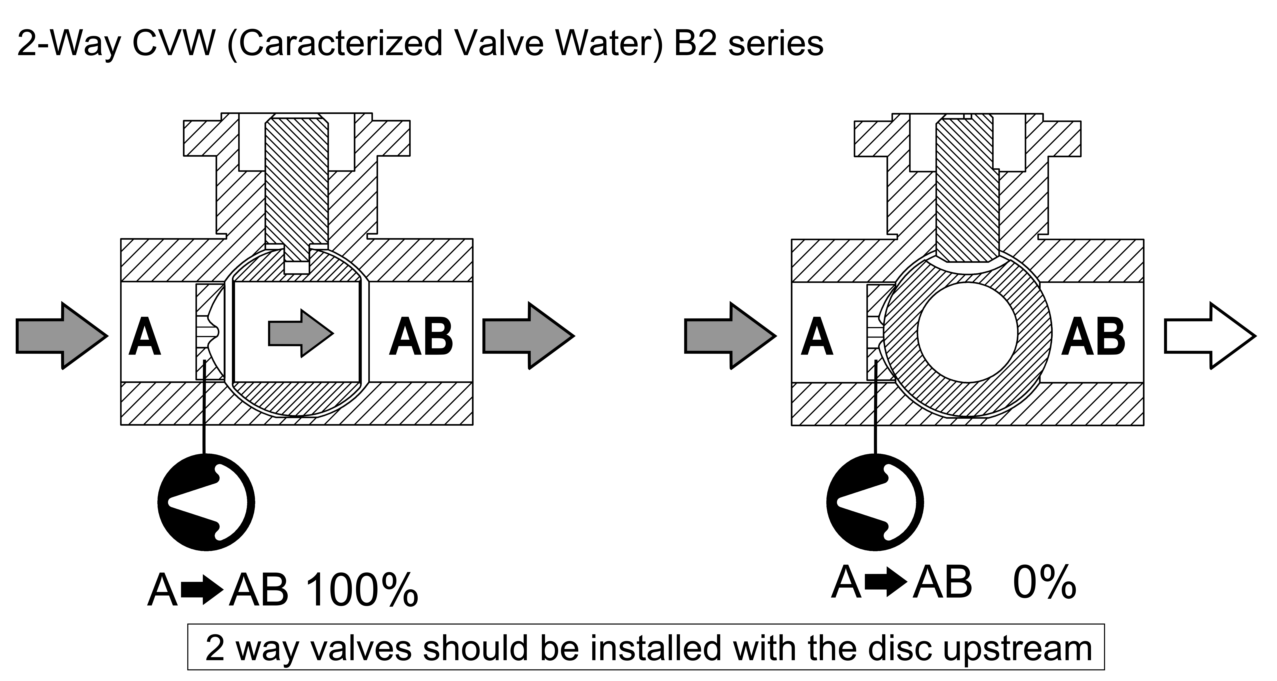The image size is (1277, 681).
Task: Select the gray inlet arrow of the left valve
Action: pyautogui.click(x=62, y=336)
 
